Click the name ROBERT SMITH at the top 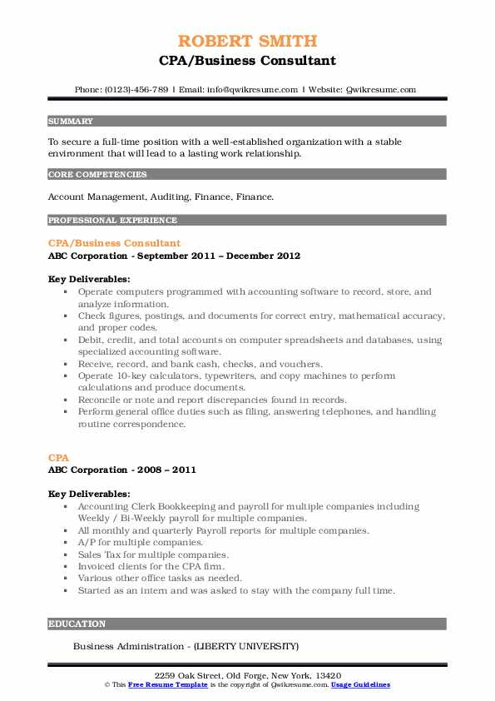[247, 41]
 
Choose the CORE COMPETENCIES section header [97, 175]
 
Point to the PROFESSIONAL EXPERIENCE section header [112, 221]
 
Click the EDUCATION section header [77, 624]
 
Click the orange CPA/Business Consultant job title [114, 243]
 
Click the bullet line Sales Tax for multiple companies [153, 554]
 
